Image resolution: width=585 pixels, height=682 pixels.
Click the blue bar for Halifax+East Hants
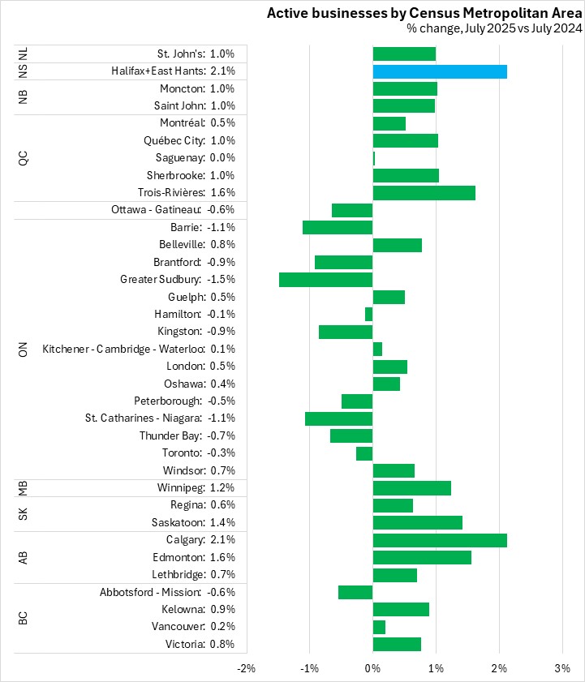[440, 71]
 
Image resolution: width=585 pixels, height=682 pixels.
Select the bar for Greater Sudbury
[325, 279]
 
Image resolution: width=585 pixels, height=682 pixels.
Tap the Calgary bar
[440, 540]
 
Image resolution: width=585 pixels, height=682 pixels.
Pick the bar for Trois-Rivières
[424, 192]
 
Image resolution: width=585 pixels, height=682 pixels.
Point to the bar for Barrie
[338, 227]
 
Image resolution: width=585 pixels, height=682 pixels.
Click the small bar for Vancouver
[379, 627]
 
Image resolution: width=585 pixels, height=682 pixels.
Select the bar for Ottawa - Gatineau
[352, 210]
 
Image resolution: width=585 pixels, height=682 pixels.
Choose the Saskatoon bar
[417, 522]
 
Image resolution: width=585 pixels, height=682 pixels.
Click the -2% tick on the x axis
[246, 667]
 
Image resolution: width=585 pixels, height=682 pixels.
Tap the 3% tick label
[562, 667]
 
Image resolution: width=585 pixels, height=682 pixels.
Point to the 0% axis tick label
[372, 667]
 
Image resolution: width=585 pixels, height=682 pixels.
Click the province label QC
[24, 157]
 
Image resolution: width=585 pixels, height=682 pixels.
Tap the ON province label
[24, 349]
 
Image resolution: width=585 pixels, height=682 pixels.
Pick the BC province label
[24, 618]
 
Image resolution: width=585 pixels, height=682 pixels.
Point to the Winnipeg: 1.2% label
[197, 487]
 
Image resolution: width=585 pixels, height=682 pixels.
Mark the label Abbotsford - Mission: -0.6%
[167, 592]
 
